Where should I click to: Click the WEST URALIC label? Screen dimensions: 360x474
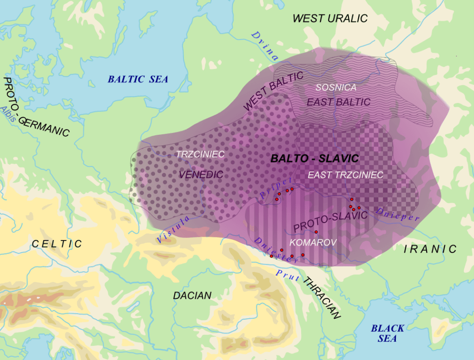[x=330, y=18]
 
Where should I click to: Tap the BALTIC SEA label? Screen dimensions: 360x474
[x=138, y=79]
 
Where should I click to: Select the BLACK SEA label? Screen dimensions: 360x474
[x=388, y=333]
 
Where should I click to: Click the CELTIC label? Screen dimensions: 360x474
[x=57, y=244]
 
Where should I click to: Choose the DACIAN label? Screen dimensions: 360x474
[x=192, y=295]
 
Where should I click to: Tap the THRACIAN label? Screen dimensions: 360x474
[x=322, y=299]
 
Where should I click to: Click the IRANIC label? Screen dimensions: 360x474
[x=430, y=249]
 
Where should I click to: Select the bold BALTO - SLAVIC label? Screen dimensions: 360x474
[x=314, y=158]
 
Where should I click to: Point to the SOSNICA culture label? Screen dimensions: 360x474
[x=336, y=87]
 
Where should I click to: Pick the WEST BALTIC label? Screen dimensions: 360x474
[x=273, y=91]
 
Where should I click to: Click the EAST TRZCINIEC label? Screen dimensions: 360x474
[x=345, y=175]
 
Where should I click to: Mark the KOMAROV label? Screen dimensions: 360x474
[x=313, y=242]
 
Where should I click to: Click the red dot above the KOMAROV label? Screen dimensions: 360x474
[x=316, y=231]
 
